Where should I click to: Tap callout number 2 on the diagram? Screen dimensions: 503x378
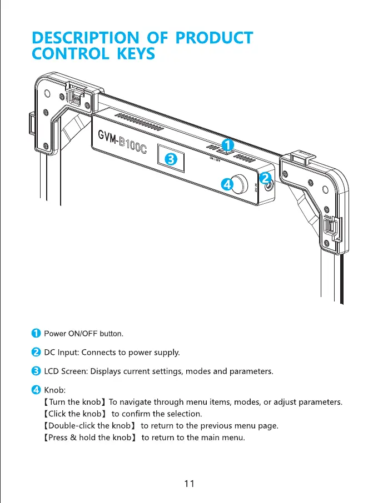coord(265,178)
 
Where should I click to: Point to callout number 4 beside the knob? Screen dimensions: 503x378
coord(226,184)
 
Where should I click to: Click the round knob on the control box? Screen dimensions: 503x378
coord(241,185)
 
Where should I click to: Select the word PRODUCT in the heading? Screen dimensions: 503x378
coord(214,38)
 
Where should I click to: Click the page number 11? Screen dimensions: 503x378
coord(189,484)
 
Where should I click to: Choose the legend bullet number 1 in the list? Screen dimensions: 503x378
coord(35,334)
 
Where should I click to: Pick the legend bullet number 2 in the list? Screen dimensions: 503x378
coord(35,352)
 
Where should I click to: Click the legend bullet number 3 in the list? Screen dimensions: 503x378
coord(35,371)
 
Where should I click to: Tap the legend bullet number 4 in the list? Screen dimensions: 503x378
coord(35,389)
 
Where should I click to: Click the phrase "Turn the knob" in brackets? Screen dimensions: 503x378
coord(74,401)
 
